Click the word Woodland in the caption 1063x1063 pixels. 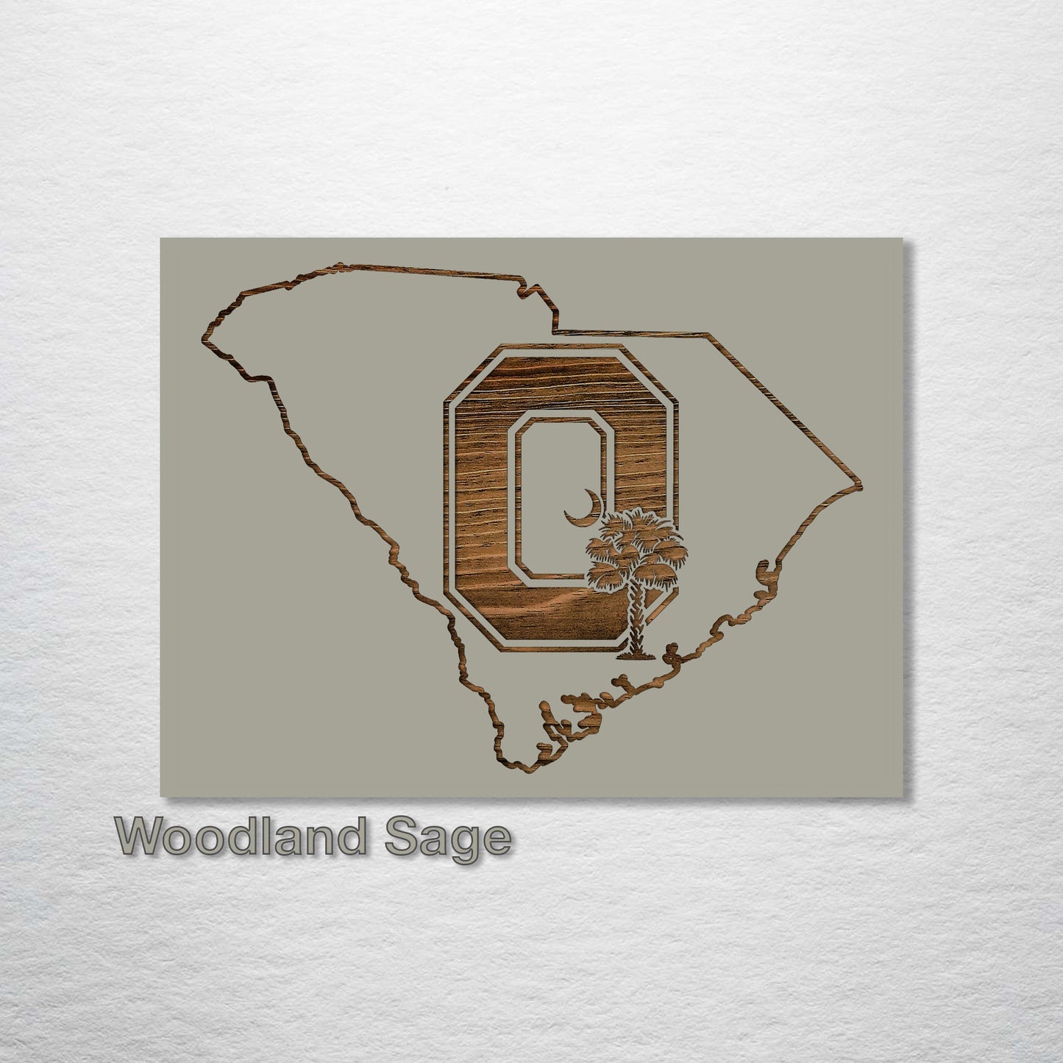(240, 839)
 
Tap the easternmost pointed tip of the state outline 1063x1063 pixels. (861, 486)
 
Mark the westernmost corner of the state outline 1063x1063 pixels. (202, 339)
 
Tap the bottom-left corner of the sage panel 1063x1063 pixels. (161, 795)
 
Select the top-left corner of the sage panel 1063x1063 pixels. (161, 239)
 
